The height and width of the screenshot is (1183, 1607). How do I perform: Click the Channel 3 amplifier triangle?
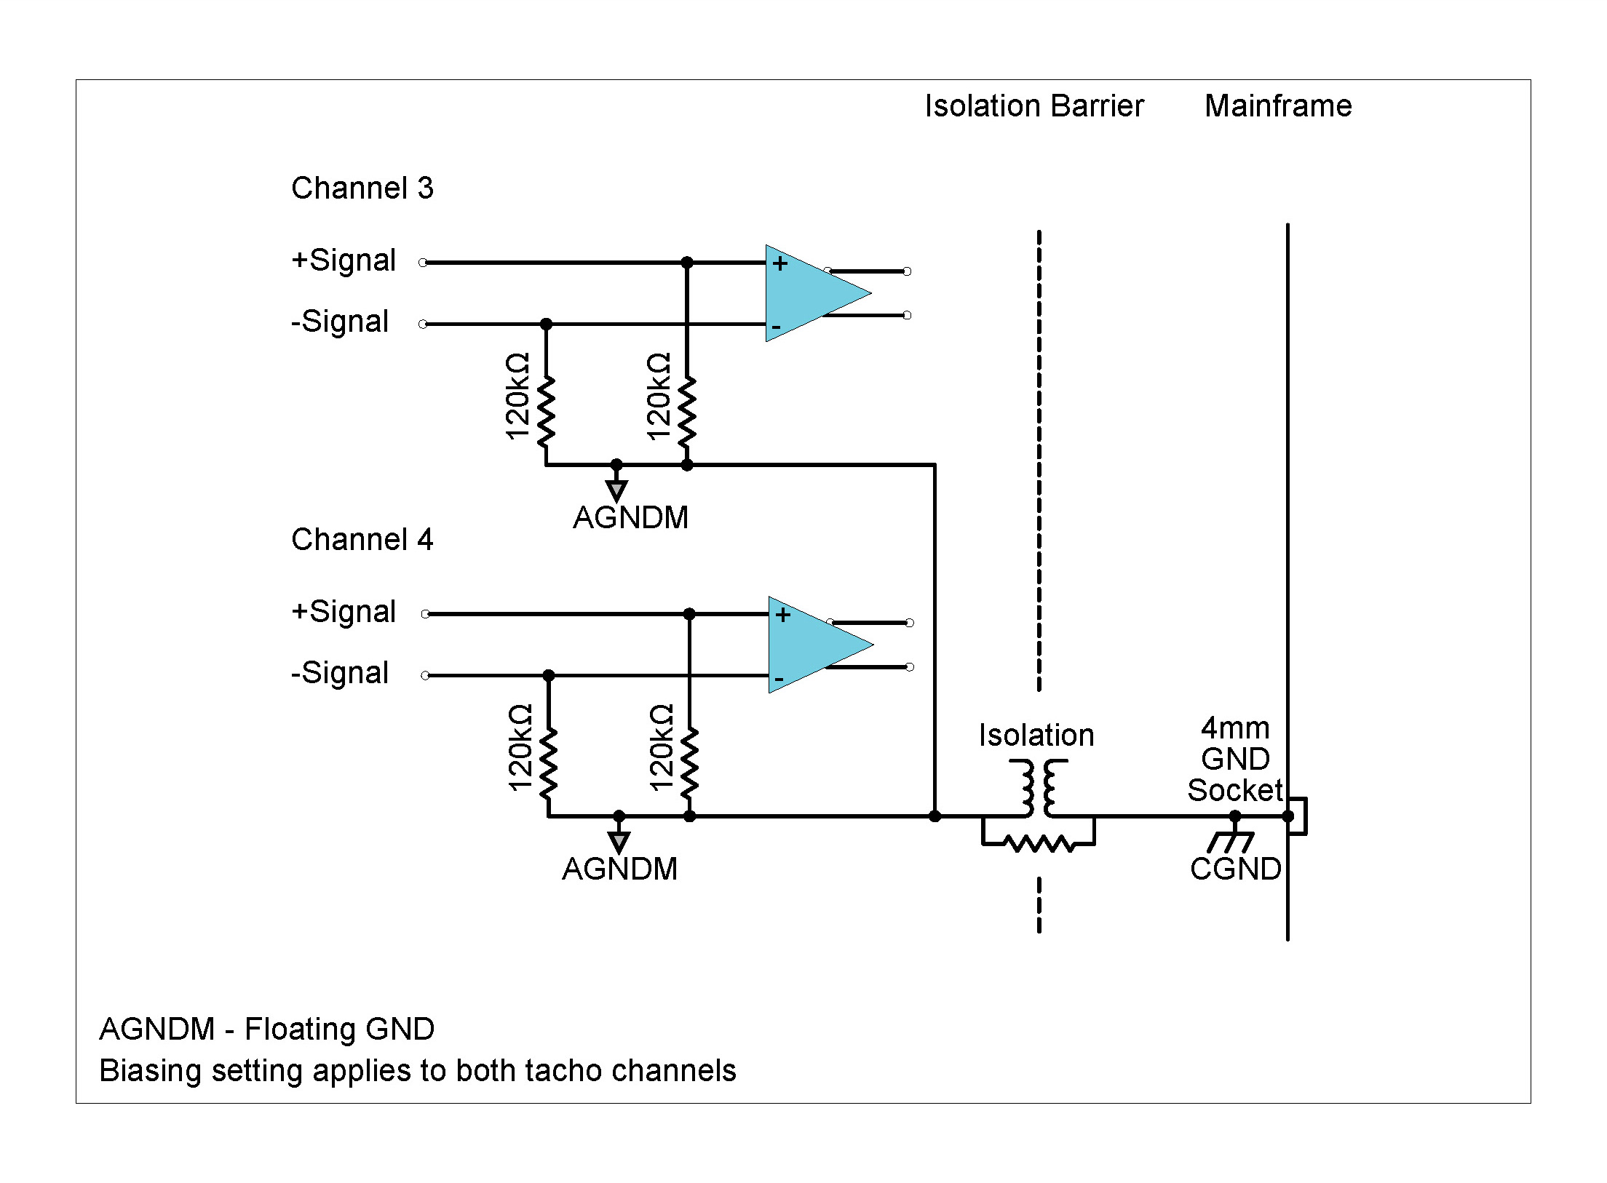[x=808, y=293]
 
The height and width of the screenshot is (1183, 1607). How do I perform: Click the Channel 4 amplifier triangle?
[x=811, y=645]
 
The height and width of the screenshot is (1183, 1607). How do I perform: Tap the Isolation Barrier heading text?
[x=1033, y=106]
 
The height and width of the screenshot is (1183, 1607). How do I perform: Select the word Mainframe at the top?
[x=1278, y=106]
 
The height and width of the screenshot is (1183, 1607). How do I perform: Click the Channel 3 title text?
[x=362, y=188]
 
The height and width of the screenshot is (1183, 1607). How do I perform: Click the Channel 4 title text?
[x=362, y=540]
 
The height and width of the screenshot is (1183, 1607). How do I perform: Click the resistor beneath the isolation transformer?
[x=1039, y=844]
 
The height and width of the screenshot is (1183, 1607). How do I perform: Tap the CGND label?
[x=1235, y=869]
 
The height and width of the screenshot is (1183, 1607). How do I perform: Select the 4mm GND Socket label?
[x=1235, y=759]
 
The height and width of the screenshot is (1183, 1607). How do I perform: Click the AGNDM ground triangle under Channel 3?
[x=616, y=490]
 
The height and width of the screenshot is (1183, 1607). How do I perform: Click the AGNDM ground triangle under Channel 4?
[x=619, y=842]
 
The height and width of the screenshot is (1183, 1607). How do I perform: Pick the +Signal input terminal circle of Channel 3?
[x=423, y=263]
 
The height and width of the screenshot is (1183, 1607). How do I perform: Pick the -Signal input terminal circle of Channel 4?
[x=425, y=676]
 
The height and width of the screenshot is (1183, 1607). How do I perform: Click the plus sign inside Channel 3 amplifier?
[x=780, y=263]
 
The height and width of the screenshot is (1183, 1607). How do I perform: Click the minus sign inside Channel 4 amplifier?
[x=779, y=680]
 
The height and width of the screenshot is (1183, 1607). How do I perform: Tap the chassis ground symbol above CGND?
[x=1231, y=842]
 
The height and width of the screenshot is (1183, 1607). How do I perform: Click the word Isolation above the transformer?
[x=1036, y=736]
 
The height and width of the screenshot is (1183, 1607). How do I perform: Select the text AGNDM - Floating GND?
[x=266, y=1029]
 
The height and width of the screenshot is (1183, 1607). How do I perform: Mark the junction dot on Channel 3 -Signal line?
[x=546, y=324]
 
